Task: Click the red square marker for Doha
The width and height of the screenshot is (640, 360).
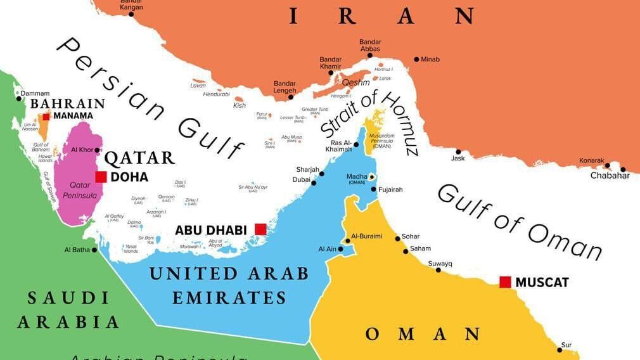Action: point(101,177)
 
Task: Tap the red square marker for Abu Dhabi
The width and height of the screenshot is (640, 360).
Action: point(260,229)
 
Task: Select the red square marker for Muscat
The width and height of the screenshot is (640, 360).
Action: point(505,282)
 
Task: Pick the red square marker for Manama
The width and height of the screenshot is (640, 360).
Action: point(46,116)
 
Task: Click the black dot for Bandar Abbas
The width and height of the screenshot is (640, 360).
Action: point(369,56)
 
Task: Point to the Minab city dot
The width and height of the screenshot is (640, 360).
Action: point(416,60)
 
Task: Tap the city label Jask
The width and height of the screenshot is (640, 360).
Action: point(458,158)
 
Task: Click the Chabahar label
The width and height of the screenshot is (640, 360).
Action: point(610,176)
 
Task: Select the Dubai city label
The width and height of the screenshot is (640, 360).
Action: point(301,179)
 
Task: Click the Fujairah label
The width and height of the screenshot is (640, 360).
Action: point(390,190)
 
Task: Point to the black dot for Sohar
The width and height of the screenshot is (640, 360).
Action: point(397,238)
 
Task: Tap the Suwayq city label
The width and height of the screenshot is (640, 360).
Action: point(440,263)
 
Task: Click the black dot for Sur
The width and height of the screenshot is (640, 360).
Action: point(560,350)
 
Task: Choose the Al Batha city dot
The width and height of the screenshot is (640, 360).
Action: point(94,250)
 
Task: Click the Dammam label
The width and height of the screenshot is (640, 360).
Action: point(35,93)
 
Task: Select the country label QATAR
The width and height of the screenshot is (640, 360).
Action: point(139,158)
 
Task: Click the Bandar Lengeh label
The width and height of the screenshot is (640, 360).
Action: point(285,87)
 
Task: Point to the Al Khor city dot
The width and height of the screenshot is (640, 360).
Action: point(97,150)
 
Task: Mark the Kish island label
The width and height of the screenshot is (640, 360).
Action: point(239,106)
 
